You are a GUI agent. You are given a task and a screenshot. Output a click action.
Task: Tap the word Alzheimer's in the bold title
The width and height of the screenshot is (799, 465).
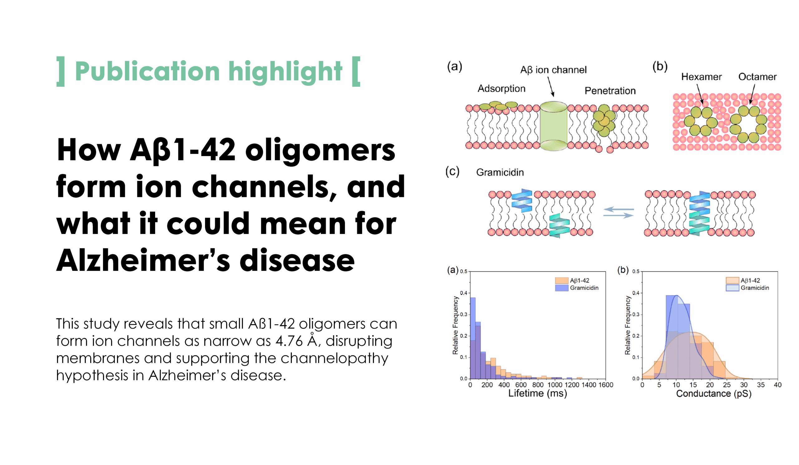143,260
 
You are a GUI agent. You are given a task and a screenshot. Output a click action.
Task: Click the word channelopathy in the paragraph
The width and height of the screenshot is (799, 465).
334,359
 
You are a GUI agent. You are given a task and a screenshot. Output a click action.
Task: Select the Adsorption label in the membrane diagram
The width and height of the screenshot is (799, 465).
501,88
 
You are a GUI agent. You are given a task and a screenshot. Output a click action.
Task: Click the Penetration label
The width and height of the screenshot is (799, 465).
610,91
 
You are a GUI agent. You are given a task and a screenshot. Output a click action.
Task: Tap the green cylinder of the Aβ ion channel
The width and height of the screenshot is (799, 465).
553,126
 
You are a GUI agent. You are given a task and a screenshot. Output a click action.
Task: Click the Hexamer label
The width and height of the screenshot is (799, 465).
701,77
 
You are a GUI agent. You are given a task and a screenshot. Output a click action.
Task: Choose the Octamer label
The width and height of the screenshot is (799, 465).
757,77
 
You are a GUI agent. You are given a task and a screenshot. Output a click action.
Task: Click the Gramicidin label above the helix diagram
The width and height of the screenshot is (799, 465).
500,173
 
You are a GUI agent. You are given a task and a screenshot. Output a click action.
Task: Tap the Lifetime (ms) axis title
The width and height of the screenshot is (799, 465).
537,393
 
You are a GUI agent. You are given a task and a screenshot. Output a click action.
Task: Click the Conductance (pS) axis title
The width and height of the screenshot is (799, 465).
714,394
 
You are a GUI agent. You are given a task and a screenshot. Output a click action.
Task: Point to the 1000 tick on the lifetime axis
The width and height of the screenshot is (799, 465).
555,385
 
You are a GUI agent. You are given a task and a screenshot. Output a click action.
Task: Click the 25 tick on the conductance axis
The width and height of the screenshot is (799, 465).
727,385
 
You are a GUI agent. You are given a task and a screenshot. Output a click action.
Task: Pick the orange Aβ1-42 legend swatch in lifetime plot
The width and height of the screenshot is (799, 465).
561,281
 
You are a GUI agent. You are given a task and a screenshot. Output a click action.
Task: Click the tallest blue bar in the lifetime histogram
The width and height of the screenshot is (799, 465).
473,338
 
